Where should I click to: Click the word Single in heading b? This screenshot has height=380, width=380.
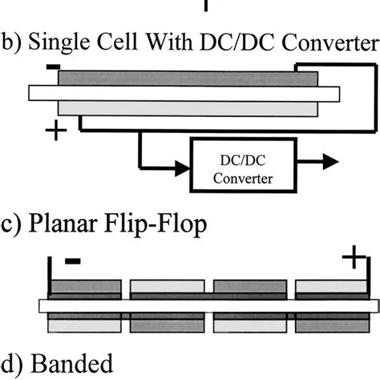[57, 42]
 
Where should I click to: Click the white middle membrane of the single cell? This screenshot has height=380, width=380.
[176, 93]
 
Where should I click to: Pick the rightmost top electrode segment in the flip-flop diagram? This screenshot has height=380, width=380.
[329, 287]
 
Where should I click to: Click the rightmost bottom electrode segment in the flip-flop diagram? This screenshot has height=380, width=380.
[329, 324]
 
